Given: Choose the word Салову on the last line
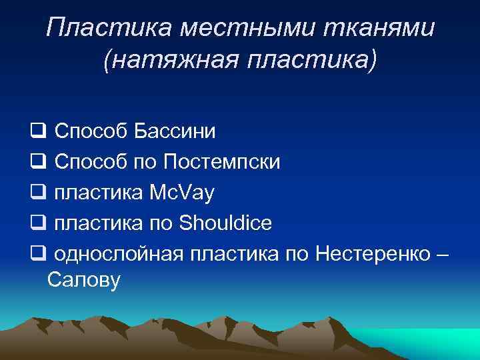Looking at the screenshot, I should [84, 281].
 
